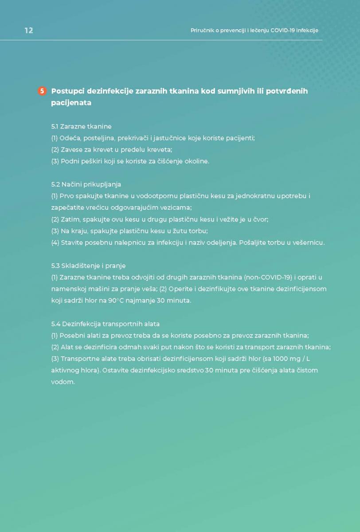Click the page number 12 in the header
[x=29, y=31]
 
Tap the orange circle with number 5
[x=42, y=91]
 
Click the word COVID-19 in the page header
[x=275, y=31]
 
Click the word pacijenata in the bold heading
[x=71, y=103]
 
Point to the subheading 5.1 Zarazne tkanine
[x=81, y=126]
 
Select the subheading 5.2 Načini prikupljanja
[x=86, y=184]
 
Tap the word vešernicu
[x=308, y=243]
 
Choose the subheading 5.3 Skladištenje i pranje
[x=88, y=266]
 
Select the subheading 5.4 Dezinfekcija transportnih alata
[x=106, y=324]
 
